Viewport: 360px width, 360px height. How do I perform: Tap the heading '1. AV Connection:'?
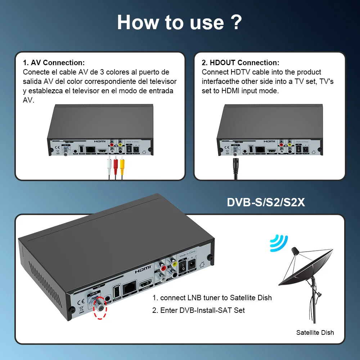pos(54,63)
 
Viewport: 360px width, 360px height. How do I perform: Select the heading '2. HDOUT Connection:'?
pos(240,63)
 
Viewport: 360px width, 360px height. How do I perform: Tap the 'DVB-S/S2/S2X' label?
pos(266,203)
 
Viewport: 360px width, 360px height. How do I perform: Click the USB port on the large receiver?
pos(116,291)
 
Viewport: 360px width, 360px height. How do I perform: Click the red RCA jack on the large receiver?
pos(163,268)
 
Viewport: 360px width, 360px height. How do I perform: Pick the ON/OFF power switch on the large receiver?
pos(183,267)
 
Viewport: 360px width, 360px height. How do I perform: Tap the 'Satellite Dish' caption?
pos(315,333)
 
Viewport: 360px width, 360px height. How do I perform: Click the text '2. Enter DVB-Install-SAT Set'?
pos(198,310)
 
